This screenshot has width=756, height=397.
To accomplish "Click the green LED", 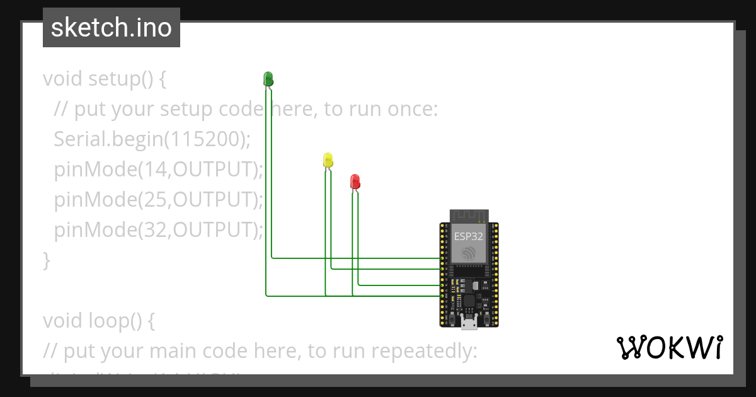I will (x=268, y=79).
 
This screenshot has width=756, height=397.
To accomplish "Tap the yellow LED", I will (x=328, y=160).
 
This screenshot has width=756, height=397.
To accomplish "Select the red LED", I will (x=355, y=182).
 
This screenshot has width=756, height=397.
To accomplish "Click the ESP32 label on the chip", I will (x=469, y=237).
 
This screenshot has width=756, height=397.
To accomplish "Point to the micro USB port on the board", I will (x=469, y=324).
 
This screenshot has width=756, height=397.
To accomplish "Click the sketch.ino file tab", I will (x=112, y=28).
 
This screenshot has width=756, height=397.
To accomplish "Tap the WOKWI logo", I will (x=669, y=348).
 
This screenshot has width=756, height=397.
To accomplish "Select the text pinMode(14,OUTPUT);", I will (x=158, y=170).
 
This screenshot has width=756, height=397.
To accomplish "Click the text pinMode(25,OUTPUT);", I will (x=158, y=200).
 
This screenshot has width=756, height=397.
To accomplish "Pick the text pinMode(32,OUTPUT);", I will (x=158, y=230).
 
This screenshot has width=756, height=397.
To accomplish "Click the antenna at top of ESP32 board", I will (x=469, y=216).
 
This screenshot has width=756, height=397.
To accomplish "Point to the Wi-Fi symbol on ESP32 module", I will (x=469, y=253).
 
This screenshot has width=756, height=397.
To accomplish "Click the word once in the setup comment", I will (x=413, y=110).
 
